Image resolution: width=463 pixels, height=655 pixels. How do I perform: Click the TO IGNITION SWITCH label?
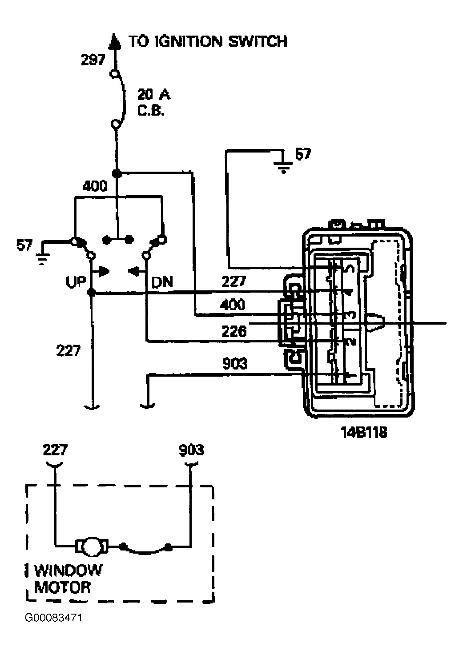point(208,41)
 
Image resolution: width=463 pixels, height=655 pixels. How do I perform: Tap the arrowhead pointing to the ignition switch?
point(114,41)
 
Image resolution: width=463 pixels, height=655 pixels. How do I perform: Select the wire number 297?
point(93,60)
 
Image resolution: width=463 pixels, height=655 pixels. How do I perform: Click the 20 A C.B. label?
point(154,102)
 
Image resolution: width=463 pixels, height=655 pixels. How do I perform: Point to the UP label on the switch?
point(76,282)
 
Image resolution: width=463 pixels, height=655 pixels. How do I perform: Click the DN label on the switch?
point(162,282)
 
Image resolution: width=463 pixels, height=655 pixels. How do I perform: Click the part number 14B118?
point(364,432)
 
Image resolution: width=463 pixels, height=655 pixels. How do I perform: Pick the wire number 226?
point(234,331)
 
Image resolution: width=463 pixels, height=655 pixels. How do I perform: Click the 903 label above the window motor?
point(191,450)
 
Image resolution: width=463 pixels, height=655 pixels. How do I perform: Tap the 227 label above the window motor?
point(55,450)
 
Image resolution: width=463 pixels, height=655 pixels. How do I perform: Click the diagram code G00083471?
point(53,617)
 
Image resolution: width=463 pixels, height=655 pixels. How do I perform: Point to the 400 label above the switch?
point(95,186)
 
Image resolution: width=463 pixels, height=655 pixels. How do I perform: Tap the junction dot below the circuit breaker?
point(117,173)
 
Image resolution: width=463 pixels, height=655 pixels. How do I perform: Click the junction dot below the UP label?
point(92,292)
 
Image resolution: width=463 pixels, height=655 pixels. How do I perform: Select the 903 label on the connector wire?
point(235,363)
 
